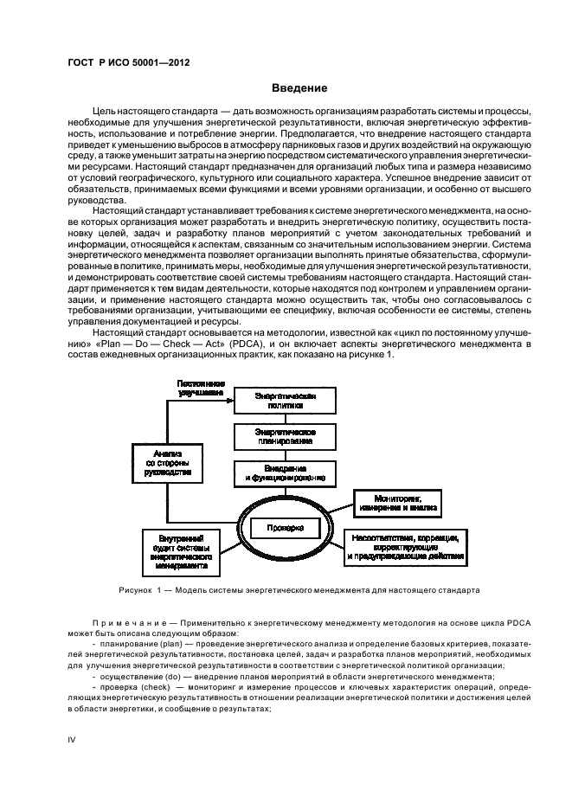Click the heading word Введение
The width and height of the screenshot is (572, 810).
click(299, 88)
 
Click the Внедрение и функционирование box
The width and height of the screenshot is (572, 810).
click(284, 472)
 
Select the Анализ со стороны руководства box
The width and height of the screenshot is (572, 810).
click(166, 463)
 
